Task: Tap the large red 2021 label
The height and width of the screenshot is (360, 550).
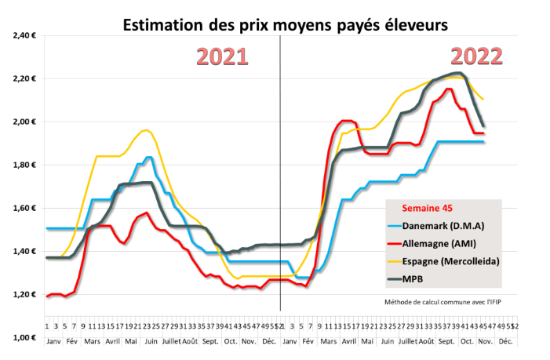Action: point(221,57)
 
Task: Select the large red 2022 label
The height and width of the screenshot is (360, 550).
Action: point(476,57)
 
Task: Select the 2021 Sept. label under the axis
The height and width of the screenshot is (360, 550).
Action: point(210,342)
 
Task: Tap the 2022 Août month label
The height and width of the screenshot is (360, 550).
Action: point(426,342)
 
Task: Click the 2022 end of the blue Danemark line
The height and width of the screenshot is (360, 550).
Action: point(484,142)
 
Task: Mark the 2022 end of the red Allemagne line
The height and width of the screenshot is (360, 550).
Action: point(483,133)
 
